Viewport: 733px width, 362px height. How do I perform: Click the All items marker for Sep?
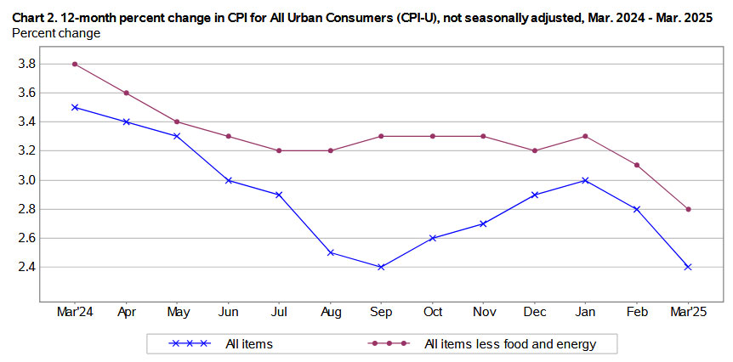click(381, 267)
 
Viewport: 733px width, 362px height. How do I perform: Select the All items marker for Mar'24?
click(75, 107)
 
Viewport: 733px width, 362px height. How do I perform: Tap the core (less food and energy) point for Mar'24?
click(75, 64)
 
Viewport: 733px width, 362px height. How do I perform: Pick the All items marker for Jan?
click(586, 180)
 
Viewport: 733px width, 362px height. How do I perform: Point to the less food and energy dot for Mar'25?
click(688, 209)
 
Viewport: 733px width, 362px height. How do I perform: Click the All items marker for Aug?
click(330, 252)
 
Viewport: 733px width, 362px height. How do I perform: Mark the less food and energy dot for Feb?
click(637, 165)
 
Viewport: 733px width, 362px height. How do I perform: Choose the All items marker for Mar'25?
click(688, 267)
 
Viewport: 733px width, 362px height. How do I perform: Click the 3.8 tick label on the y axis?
click(26, 64)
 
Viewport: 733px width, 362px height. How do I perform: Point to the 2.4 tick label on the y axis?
click(26, 267)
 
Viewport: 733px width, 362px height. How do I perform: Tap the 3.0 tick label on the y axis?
click(26, 180)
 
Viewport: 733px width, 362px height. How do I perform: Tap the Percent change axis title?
click(56, 33)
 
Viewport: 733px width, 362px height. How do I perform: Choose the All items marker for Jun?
click(228, 180)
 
